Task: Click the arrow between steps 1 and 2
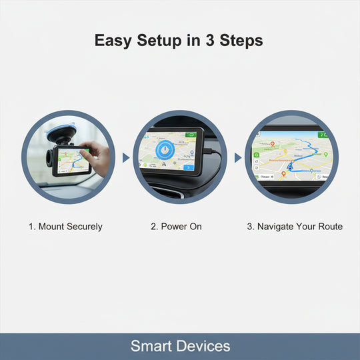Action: coord(125,158)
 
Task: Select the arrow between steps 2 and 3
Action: coord(237,158)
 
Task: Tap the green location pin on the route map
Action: coord(326,154)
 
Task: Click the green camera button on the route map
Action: coord(256,154)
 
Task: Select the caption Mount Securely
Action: coord(65,227)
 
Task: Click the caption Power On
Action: coord(176,227)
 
